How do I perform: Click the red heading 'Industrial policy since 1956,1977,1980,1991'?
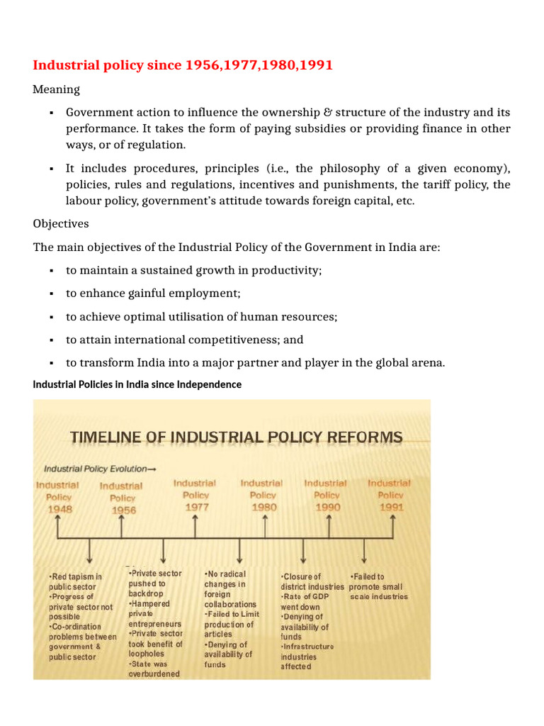(x=183, y=65)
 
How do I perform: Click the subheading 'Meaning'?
(x=56, y=89)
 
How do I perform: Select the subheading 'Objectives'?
(x=61, y=223)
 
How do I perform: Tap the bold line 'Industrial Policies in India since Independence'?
(x=137, y=384)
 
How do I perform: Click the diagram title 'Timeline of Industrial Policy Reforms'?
(x=236, y=437)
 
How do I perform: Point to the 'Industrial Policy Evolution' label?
(x=99, y=469)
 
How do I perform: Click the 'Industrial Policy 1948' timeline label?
(x=57, y=497)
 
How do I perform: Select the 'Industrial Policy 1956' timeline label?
(x=121, y=498)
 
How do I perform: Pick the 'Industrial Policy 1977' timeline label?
(x=195, y=495)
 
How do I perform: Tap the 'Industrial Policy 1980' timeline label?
(x=263, y=495)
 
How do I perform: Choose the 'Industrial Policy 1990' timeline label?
(x=327, y=495)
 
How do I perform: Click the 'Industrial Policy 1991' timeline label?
(x=390, y=495)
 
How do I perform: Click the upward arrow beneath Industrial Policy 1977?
(x=195, y=527)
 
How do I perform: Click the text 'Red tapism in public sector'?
(x=75, y=582)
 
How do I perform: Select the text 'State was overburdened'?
(x=154, y=669)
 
